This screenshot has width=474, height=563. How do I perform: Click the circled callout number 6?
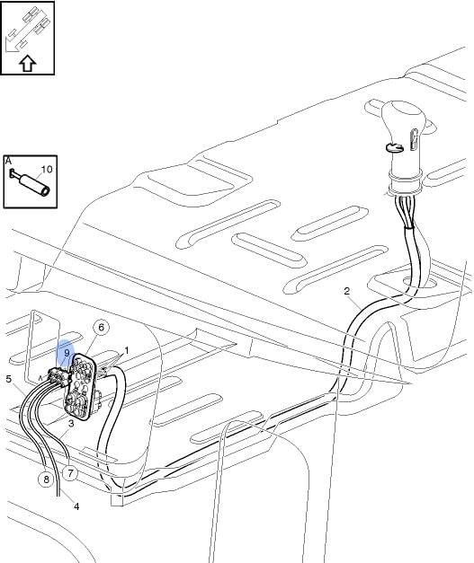(x=101, y=328)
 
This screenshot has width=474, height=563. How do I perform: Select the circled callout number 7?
(x=70, y=473)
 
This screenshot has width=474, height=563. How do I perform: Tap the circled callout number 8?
(x=46, y=479)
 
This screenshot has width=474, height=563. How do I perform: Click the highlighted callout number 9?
(x=67, y=353)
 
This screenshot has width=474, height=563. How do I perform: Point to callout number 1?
(x=126, y=350)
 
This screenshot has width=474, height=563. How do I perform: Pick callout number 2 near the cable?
(x=346, y=291)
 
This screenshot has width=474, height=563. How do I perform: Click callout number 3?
(x=71, y=423)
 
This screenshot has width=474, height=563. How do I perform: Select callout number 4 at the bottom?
(x=76, y=506)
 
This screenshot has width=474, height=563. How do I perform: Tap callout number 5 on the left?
(x=9, y=379)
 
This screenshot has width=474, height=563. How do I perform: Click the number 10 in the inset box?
(x=47, y=169)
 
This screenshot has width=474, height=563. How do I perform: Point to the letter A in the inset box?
(x=8, y=161)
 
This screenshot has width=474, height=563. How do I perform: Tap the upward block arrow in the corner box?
(x=27, y=64)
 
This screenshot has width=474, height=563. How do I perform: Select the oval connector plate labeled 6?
(x=80, y=386)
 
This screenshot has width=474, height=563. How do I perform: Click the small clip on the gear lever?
(x=395, y=147)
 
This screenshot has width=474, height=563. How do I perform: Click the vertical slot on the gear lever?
(x=414, y=139)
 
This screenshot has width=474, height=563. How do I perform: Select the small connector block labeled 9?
(x=58, y=377)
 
